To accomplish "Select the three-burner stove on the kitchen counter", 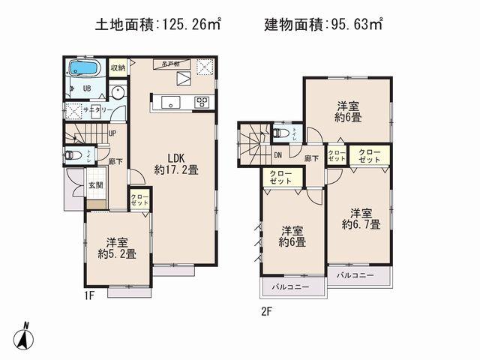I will point(202,101).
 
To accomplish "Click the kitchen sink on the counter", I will point(166,101).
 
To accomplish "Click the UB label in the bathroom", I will point(86,87).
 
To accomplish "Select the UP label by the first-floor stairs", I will point(112,133).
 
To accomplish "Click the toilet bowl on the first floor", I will point(72,156).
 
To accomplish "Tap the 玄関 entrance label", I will point(95,184).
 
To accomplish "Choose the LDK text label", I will point(176,157).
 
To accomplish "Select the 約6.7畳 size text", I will point(361,223).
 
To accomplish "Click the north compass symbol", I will point(25,334).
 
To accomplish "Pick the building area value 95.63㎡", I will point(354,25).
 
